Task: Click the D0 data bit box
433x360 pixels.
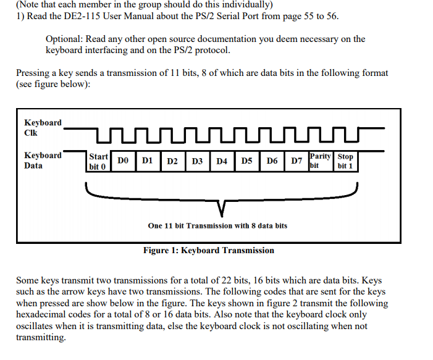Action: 123,161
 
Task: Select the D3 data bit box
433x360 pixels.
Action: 198,161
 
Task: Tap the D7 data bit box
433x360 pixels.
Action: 296,161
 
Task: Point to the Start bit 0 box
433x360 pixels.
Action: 98,161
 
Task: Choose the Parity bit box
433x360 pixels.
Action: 321,161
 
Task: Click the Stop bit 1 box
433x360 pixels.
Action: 346,161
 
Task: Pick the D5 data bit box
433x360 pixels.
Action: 247,161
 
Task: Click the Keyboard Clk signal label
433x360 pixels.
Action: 43,128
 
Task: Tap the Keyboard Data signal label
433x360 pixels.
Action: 43,161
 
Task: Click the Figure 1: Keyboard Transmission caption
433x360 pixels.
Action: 209,251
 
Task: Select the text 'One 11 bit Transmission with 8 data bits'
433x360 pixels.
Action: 217,226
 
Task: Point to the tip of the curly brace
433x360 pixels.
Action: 222,217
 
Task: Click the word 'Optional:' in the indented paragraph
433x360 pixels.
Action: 64,39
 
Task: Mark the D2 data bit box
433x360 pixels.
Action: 173,161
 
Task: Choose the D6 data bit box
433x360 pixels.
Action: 272,161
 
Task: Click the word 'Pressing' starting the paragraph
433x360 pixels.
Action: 33,73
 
